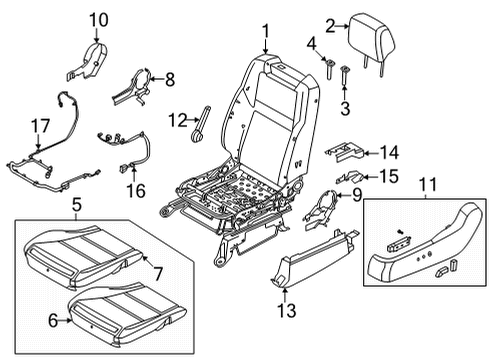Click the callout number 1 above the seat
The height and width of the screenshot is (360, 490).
point(266,36)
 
